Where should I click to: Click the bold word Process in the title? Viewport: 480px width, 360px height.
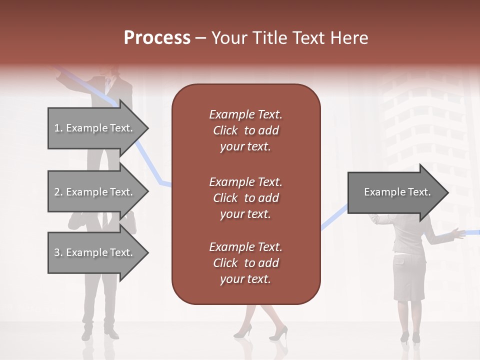point(157,38)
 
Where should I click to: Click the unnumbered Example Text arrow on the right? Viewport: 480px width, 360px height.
point(397,192)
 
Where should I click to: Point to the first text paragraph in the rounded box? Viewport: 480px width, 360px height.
point(245,130)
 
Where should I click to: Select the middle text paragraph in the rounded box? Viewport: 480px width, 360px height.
point(245,198)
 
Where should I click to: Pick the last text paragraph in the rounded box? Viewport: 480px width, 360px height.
point(245,263)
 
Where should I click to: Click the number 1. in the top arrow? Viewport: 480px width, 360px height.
point(58,128)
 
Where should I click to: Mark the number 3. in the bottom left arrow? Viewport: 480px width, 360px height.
point(58,252)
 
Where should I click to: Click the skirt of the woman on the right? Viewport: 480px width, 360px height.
point(409,277)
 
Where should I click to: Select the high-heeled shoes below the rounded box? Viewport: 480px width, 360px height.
point(260,330)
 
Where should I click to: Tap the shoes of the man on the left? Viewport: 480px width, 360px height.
point(100,332)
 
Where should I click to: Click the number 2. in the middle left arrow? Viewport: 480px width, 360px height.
point(58,192)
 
